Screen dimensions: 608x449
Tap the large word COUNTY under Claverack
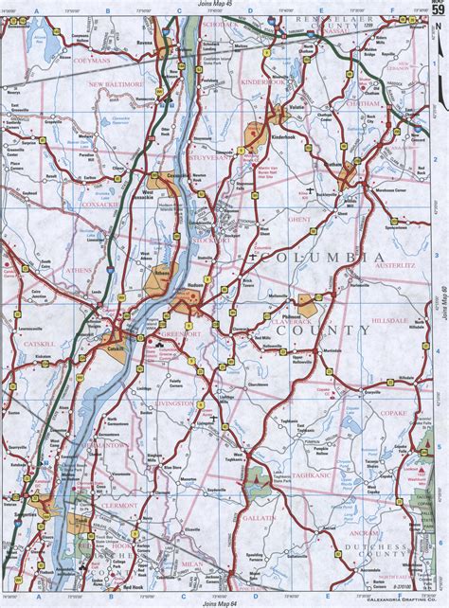[334, 330]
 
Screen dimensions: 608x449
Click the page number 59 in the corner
[438, 10]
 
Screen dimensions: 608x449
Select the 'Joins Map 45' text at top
[220, 7]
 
